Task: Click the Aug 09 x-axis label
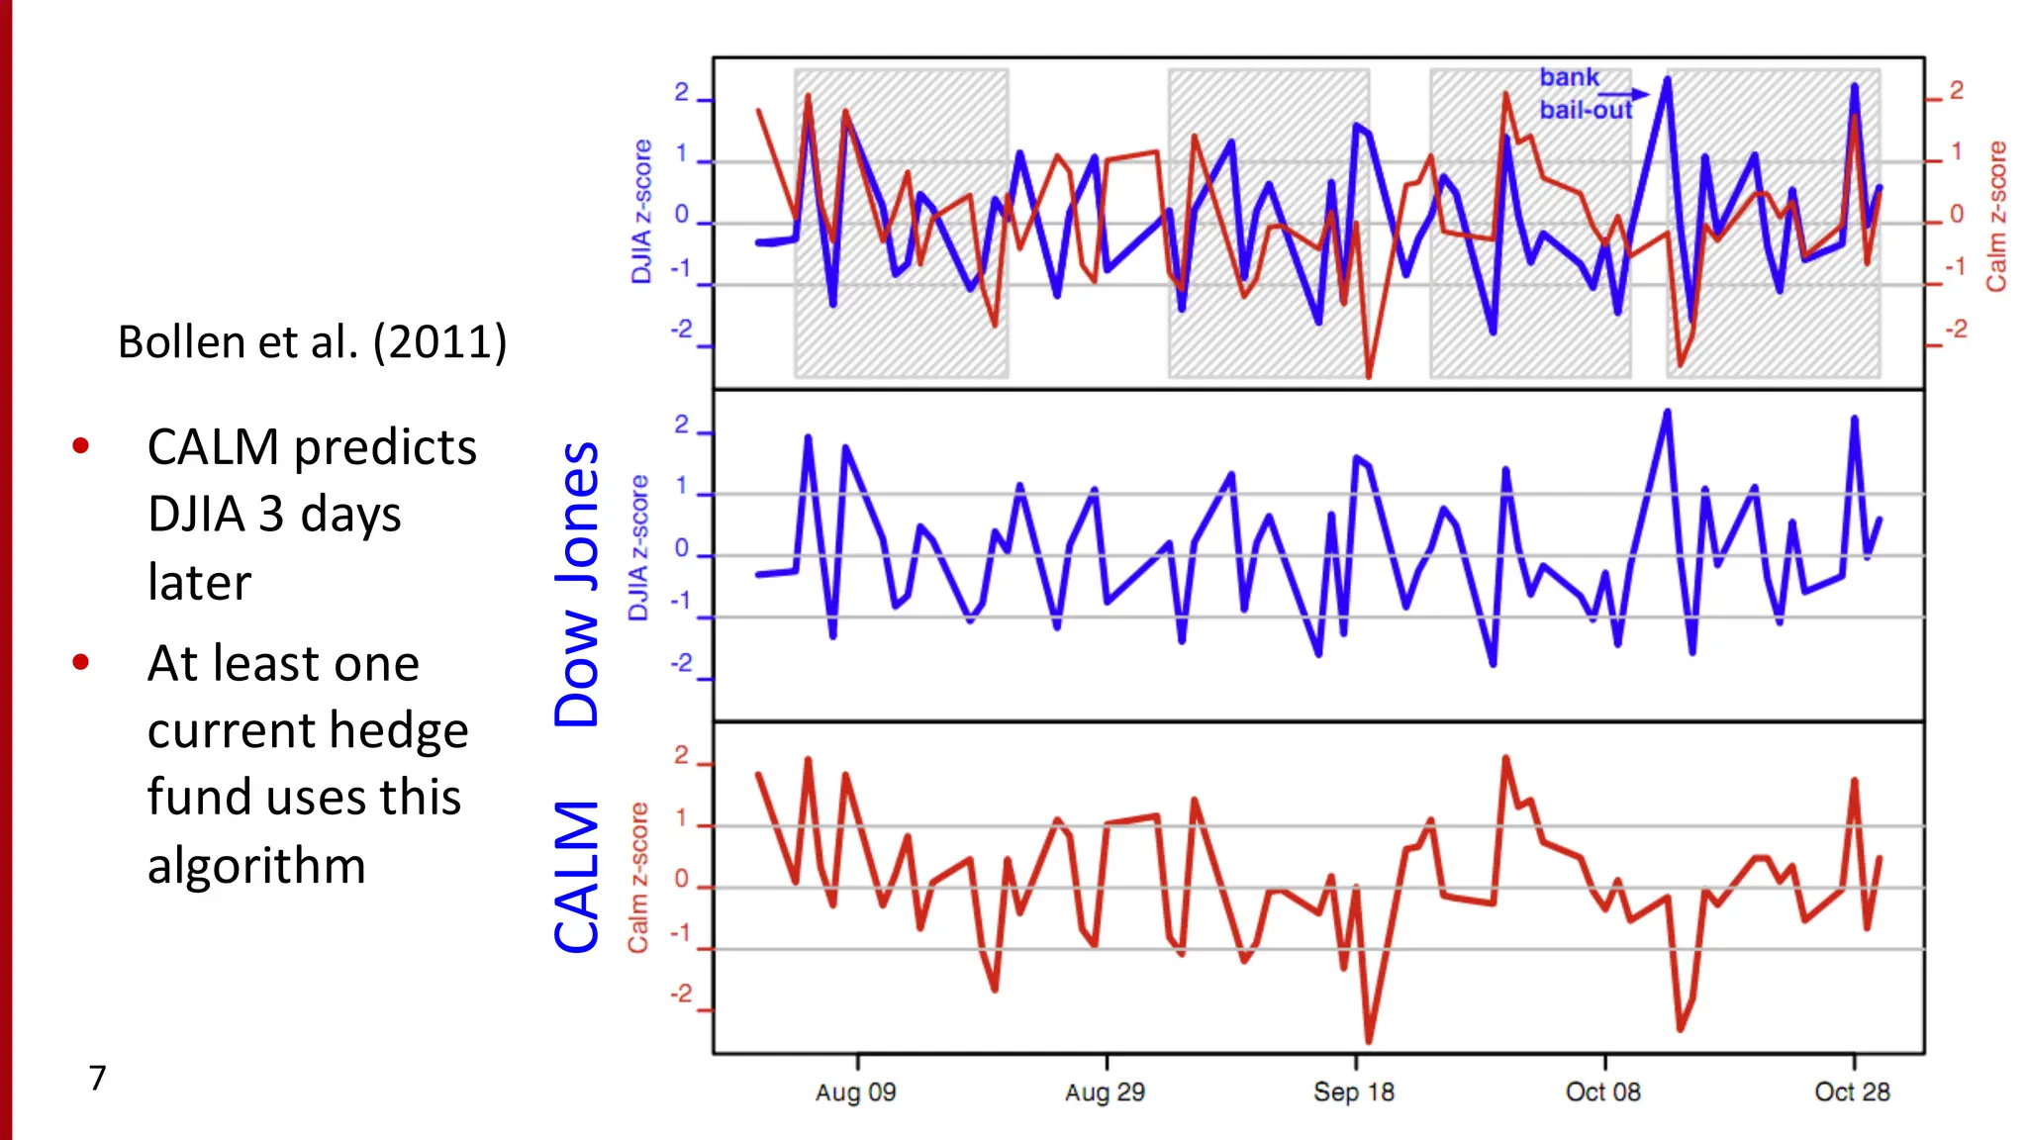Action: point(855,1092)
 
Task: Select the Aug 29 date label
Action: point(1105,1092)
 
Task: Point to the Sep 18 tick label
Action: point(1353,1092)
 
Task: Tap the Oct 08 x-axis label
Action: point(1602,1092)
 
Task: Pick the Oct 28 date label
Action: point(1852,1092)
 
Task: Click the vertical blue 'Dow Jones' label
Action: point(577,584)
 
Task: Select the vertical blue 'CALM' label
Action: point(577,877)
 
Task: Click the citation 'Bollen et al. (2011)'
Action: point(312,342)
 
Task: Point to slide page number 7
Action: point(97,1078)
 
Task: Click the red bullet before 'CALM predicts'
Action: point(81,446)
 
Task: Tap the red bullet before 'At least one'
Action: point(81,662)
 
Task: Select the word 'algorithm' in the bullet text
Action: point(256,866)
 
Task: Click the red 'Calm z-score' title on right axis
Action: point(1996,216)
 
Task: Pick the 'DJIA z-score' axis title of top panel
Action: point(641,212)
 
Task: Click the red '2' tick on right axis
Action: point(1956,90)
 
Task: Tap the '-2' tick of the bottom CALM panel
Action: point(681,995)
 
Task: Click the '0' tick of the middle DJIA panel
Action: point(681,547)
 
